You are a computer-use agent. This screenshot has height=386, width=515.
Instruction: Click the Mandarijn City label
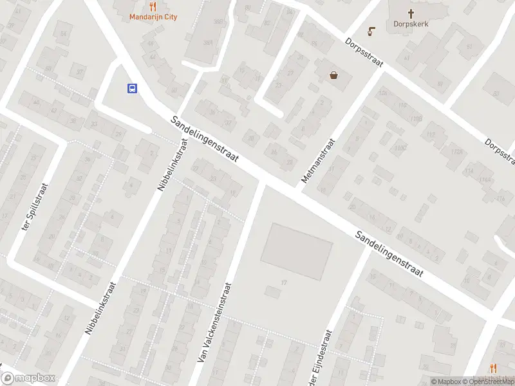(153, 17)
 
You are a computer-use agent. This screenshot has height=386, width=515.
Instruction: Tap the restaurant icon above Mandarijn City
(153, 6)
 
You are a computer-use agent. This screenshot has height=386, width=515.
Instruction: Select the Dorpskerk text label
(411, 24)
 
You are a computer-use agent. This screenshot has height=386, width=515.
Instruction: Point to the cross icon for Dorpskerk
(411, 13)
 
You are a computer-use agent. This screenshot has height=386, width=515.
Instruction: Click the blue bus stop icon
(132, 89)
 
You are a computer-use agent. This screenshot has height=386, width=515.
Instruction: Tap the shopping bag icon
(334, 75)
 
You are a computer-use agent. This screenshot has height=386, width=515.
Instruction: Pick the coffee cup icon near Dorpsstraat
(371, 31)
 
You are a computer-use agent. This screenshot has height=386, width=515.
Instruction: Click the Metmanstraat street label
(319, 161)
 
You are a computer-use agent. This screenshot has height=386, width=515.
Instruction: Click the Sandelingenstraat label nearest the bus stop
(205, 140)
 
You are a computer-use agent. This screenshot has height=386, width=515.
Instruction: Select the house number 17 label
(284, 283)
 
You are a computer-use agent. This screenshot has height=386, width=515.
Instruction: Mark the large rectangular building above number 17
(297, 251)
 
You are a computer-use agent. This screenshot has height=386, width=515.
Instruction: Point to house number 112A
(458, 152)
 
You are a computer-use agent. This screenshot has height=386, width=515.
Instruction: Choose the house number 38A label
(208, 43)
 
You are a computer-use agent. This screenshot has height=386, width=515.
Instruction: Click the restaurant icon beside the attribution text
(494, 368)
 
